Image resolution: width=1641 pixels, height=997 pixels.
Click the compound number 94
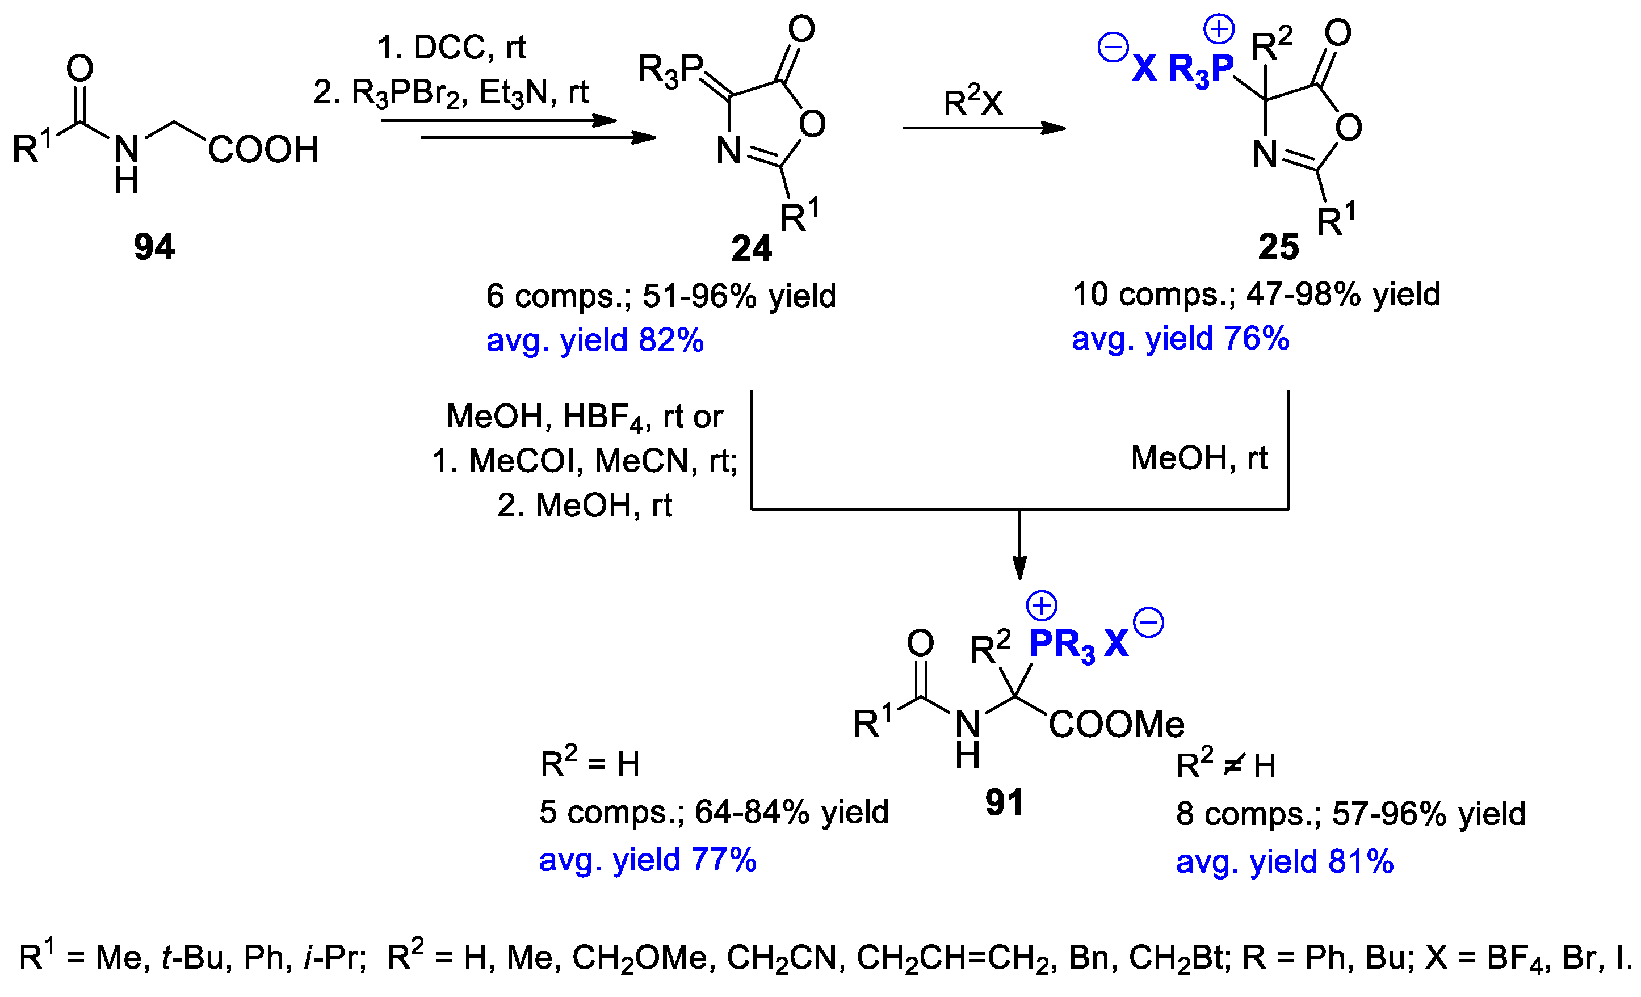coord(154,247)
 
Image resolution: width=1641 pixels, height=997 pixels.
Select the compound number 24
coord(750,249)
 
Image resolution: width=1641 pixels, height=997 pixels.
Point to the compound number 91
coord(1004,802)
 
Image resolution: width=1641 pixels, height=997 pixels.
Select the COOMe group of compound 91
coord(1117,725)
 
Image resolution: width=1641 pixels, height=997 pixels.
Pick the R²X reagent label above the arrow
coord(973,103)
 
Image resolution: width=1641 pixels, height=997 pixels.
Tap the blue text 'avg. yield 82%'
coord(595,340)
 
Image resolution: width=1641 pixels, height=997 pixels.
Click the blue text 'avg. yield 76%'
coord(1180,338)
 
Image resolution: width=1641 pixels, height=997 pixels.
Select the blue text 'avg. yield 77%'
coord(647,860)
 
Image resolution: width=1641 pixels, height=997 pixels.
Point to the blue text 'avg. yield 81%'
coord(1285,862)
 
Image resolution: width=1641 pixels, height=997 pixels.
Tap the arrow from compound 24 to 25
coord(984,128)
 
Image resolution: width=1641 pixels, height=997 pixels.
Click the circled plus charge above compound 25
coord(1219,30)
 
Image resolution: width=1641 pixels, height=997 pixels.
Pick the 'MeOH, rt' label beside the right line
coord(1199,458)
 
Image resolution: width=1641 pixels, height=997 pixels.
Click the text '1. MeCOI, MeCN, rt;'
coord(585,461)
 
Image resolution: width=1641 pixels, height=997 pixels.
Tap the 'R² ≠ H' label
coord(1225,766)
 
